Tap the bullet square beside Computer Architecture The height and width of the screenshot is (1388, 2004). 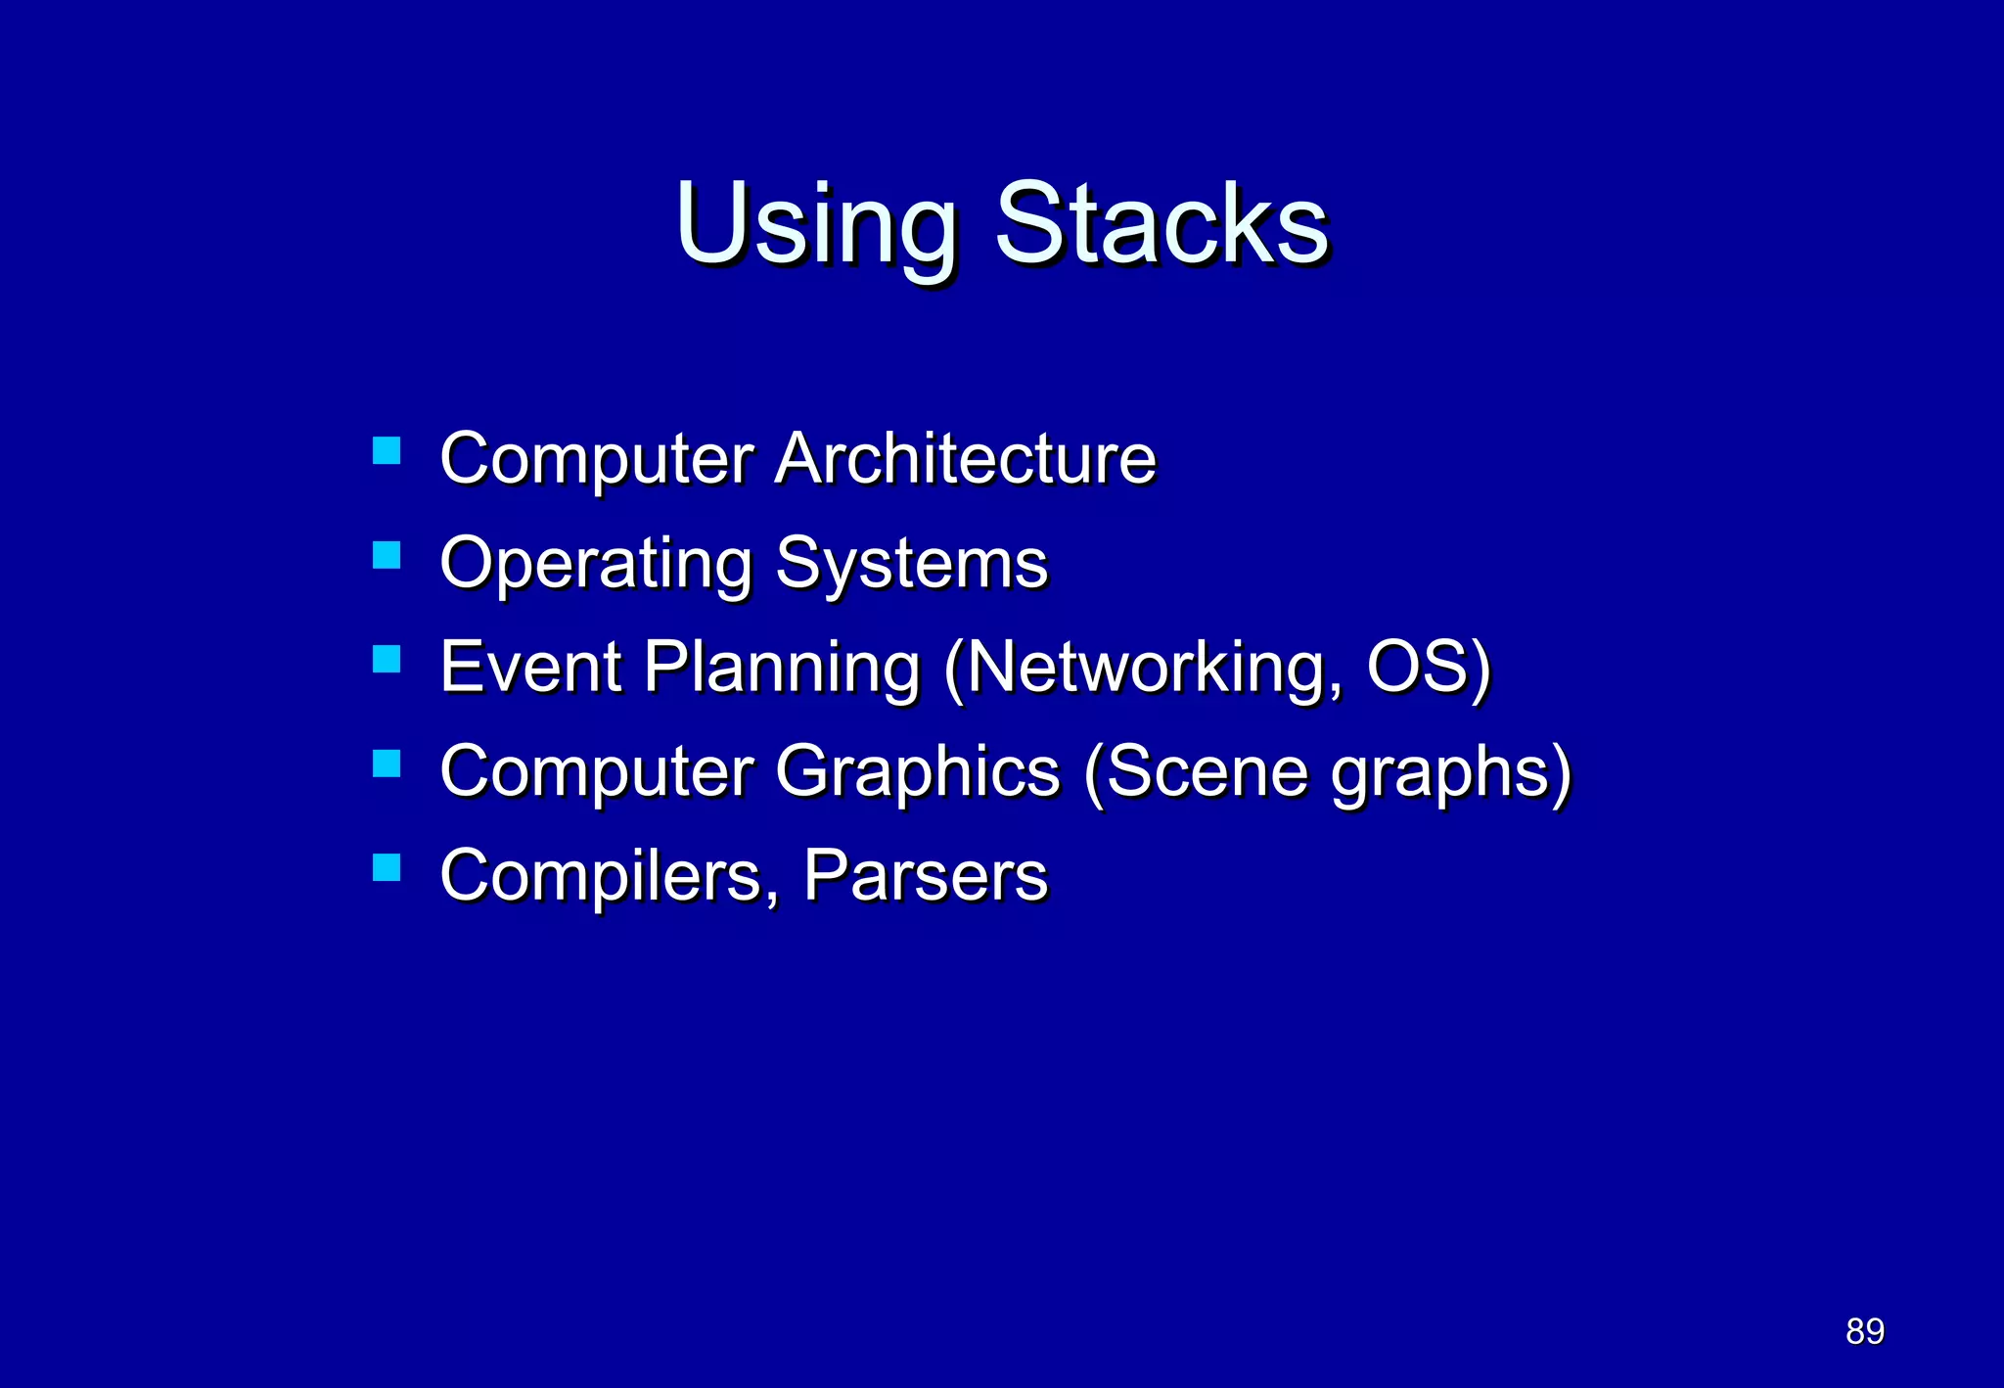pyautogui.click(x=387, y=450)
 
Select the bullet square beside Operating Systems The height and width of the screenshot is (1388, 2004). pyautogui.click(x=387, y=555)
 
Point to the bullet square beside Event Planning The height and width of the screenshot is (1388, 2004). pyautogui.click(x=387, y=659)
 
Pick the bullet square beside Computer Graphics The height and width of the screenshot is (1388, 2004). pyautogui.click(x=387, y=763)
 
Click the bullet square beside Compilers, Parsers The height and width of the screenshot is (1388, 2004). pyautogui.click(x=387, y=867)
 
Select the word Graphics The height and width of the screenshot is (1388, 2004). pyautogui.click(x=918, y=773)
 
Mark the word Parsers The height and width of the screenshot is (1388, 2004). pyautogui.click(x=926, y=875)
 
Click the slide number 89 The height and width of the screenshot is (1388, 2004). pyautogui.click(x=1865, y=1331)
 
